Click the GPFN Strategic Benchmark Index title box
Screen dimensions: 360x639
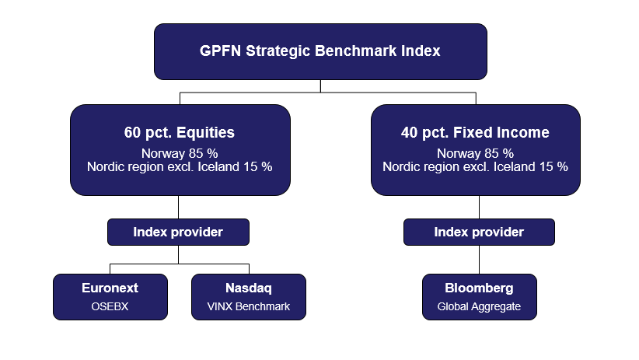320,51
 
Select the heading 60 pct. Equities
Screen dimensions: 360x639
180,133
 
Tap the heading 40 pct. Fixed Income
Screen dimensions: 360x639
475,133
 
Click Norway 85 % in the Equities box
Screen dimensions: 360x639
180,153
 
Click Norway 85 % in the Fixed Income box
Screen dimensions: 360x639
475,153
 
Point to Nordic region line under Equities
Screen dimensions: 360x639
180,167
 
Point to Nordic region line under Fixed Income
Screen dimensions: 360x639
475,167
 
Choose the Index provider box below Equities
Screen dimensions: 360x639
178,232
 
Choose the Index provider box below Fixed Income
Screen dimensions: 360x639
479,232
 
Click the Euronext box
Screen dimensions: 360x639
110,296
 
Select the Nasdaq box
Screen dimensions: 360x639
249,296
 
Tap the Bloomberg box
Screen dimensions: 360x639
479,296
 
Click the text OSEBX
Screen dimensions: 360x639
110,306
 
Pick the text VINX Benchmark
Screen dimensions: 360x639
249,306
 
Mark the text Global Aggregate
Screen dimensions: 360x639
479,306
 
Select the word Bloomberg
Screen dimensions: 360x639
479,288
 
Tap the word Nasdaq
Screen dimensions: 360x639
249,288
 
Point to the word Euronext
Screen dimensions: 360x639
110,288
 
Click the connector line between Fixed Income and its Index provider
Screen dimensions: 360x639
479,207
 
